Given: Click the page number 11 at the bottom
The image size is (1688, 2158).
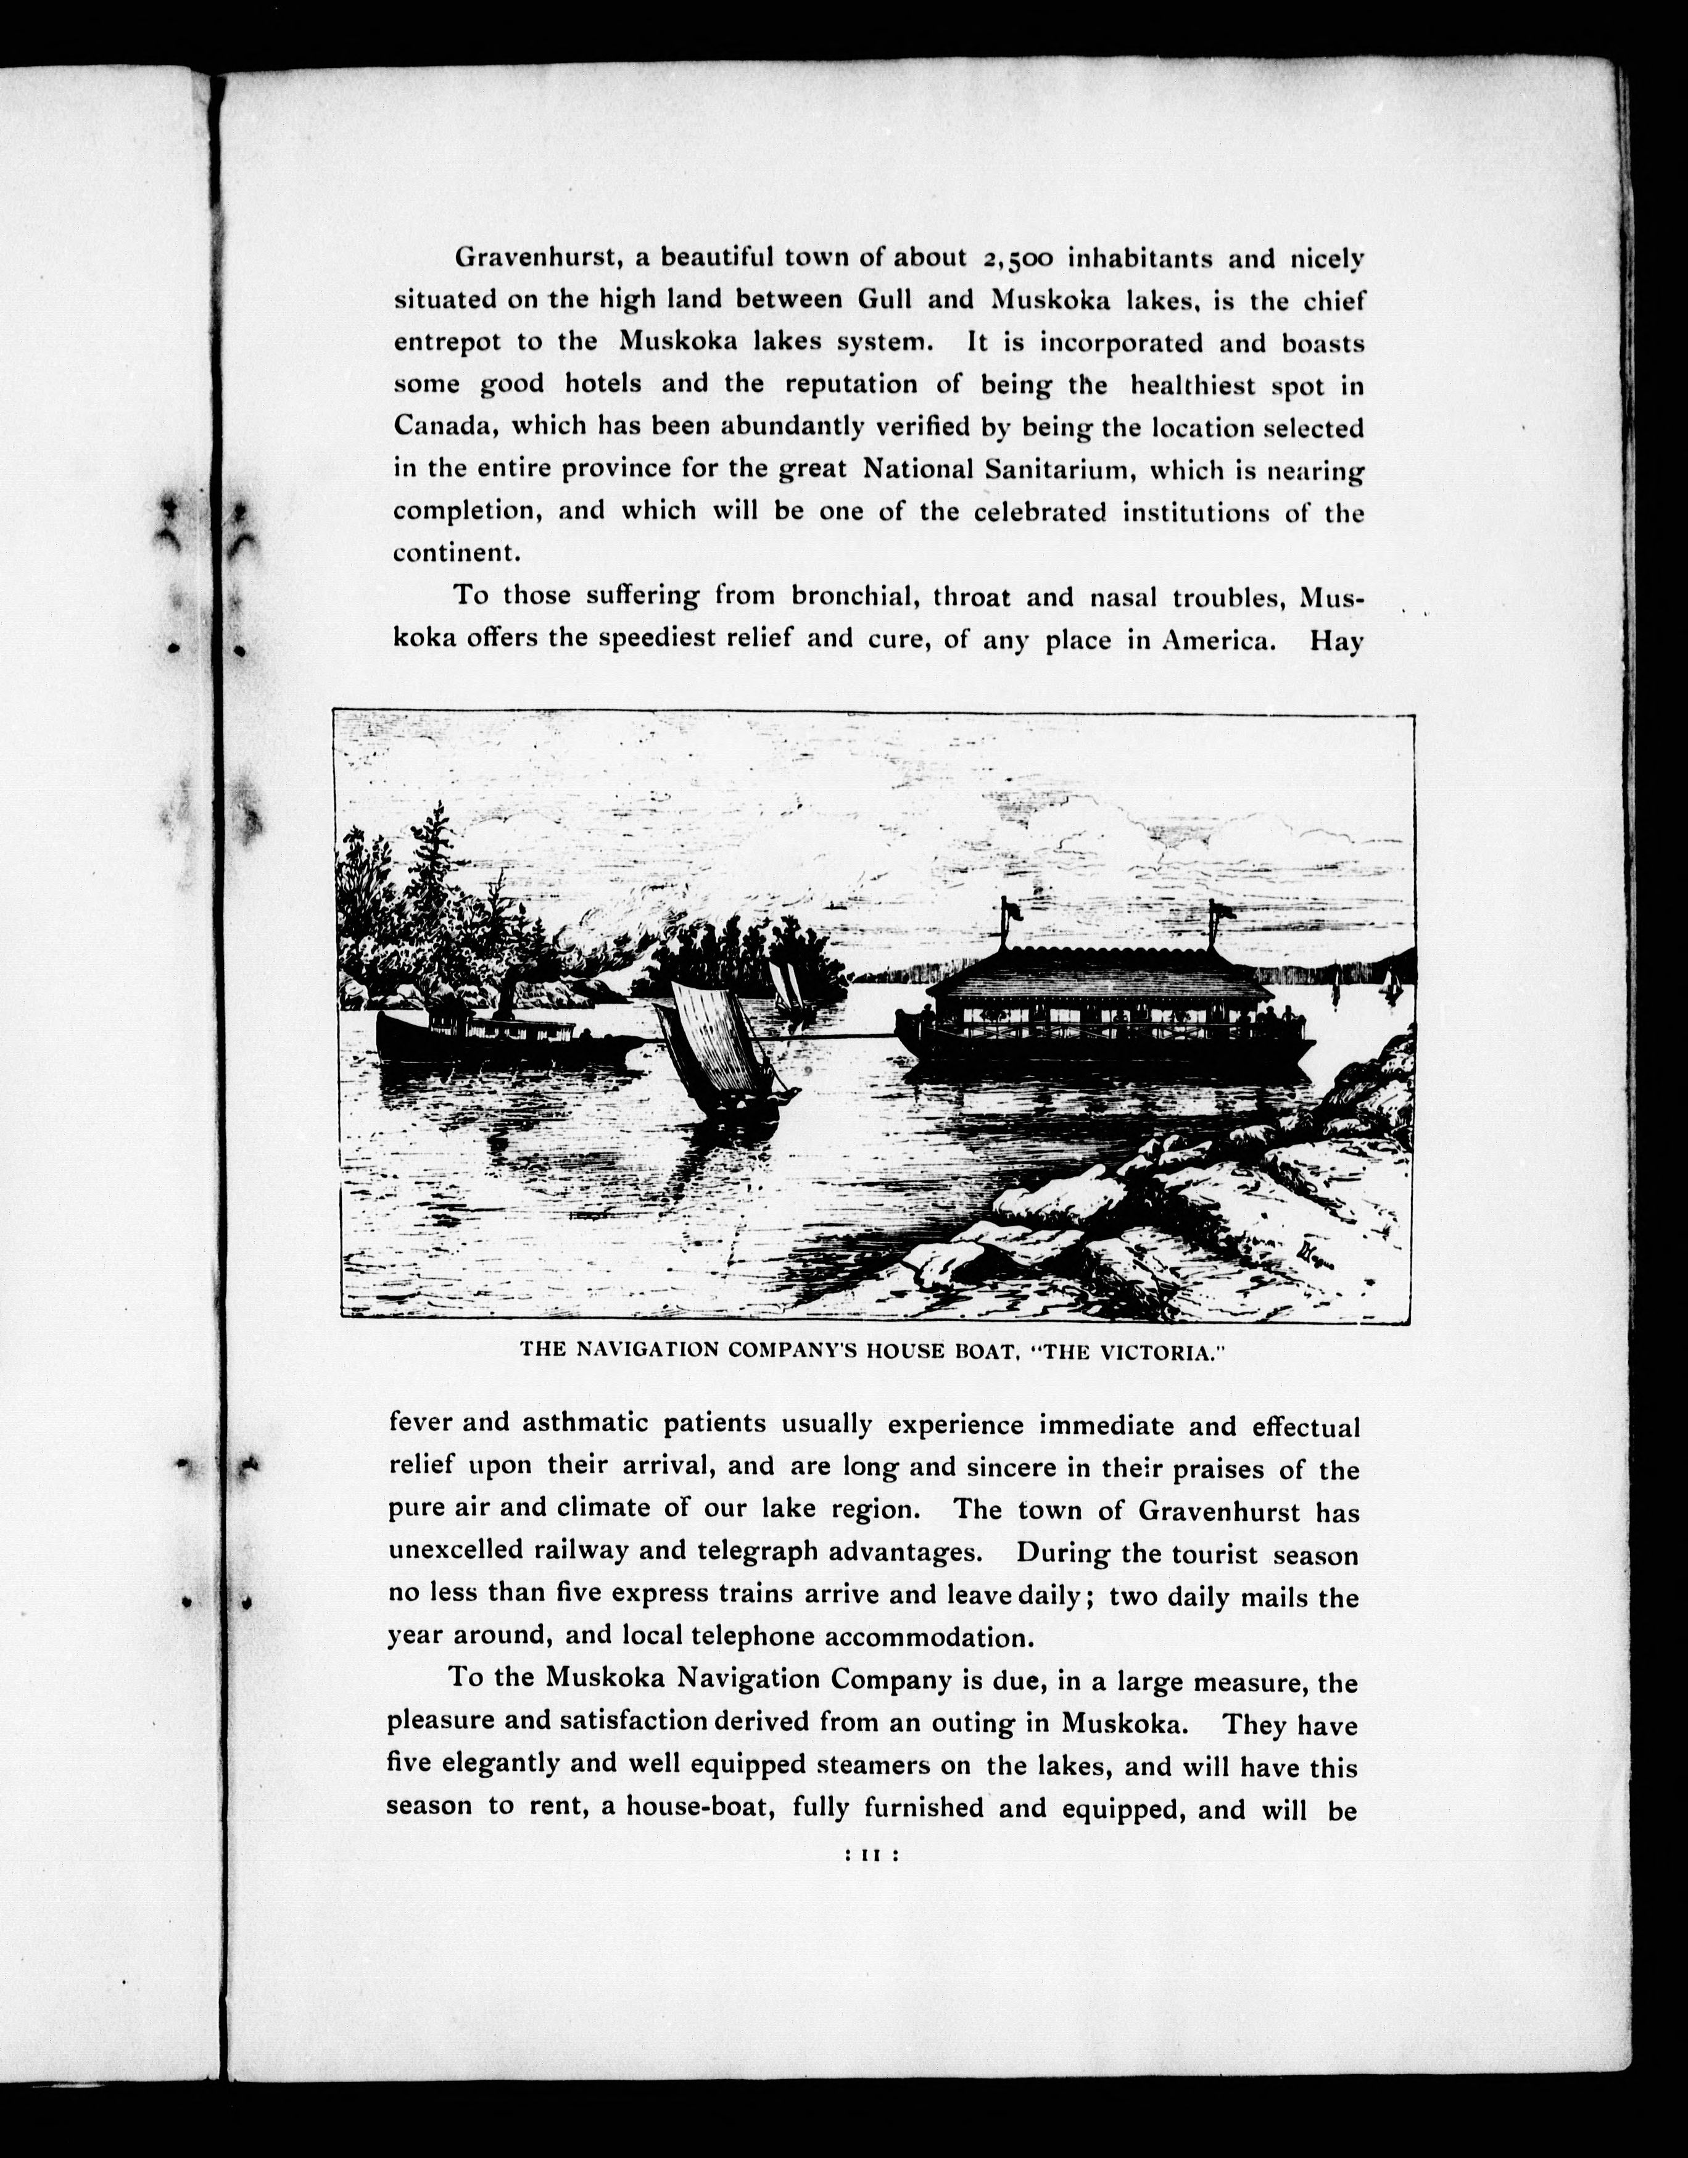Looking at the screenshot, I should point(871,1857).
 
